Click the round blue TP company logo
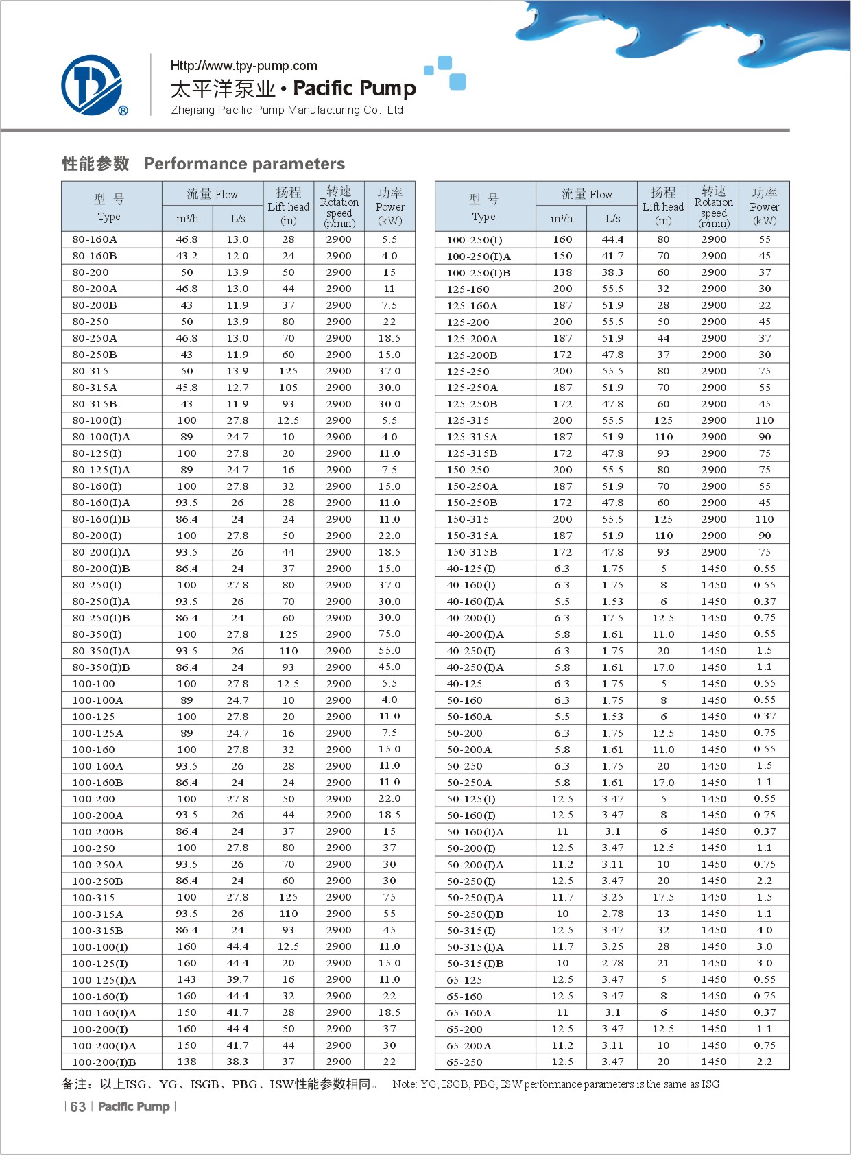tap(93, 85)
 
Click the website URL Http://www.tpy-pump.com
tap(243, 66)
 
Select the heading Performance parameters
tap(244, 164)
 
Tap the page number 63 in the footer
tap(78, 1107)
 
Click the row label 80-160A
tap(95, 239)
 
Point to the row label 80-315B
tap(95, 404)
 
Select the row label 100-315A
tap(98, 914)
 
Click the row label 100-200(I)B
tap(104, 1062)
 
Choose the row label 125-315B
tap(472, 453)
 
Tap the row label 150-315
tap(468, 519)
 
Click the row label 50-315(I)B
tap(475, 964)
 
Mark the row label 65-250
tap(464, 1062)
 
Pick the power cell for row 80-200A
tap(389, 289)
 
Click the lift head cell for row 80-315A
tap(288, 388)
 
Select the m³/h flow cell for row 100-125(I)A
tap(187, 980)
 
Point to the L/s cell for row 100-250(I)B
tap(612, 272)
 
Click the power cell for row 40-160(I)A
tap(765, 602)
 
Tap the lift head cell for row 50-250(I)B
tap(663, 914)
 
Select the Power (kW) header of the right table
tap(765, 207)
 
